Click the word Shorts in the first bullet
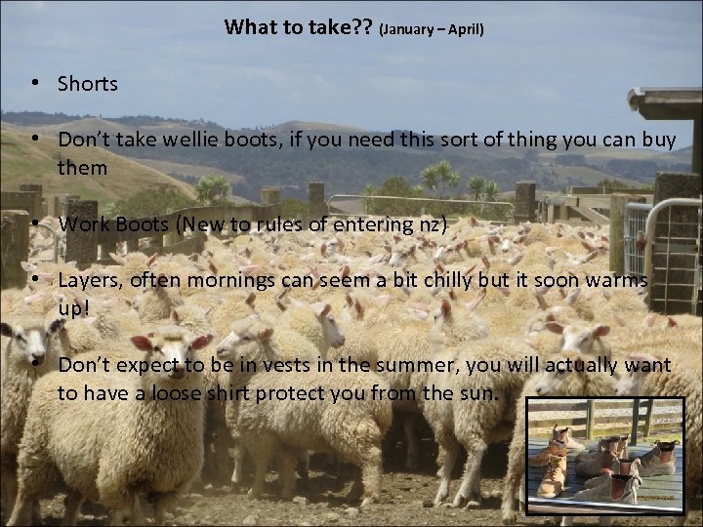(88, 84)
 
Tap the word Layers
(90, 280)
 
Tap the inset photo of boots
(603, 455)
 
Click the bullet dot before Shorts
(34, 84)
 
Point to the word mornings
(223, 280)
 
